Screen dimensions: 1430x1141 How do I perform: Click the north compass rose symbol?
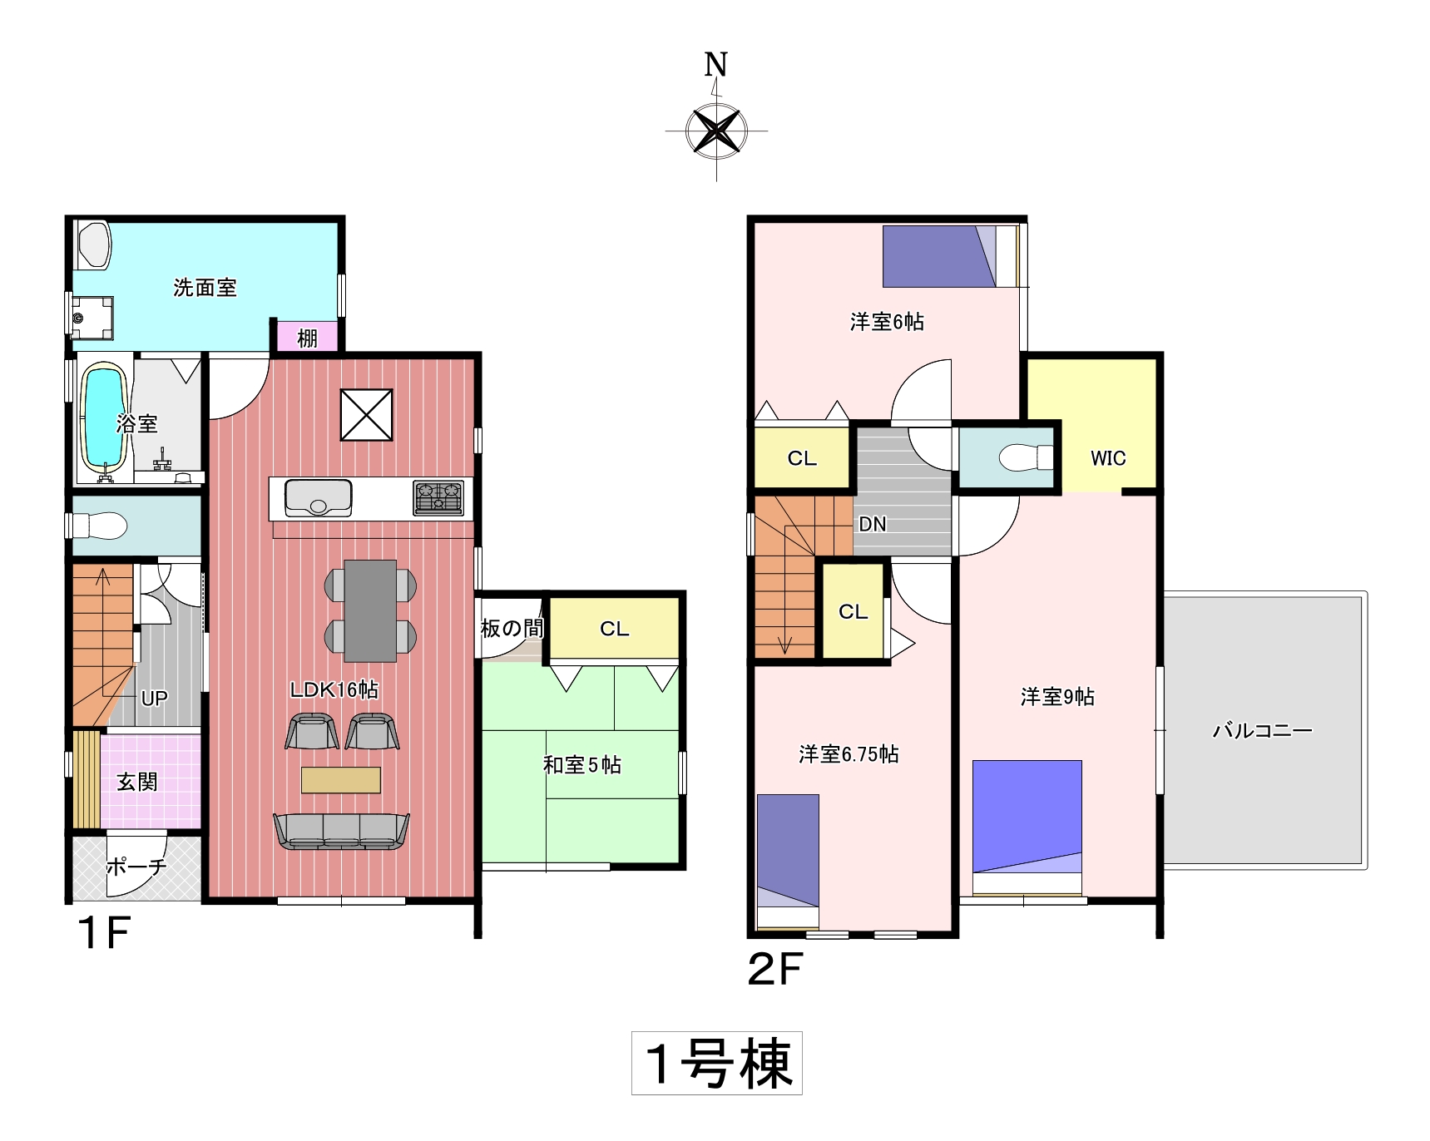pyautogui.click(x=716, y=131)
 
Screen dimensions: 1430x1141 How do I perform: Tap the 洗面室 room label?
pyautogui.click(x=205, y=288)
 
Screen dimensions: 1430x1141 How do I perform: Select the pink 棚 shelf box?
pyautogui.click(x=307, y=337)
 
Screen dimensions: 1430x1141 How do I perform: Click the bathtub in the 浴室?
pyautogui.click(x=105, y=418)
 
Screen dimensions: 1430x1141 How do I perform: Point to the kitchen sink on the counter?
pyautogui.click(x=318, y=498)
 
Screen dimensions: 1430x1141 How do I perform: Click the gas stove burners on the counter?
pyautogui.click(x=438, y=498)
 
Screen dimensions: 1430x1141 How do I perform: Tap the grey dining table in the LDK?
pyautogui.click(x=370, y=610)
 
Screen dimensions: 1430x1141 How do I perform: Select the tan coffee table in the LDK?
pyautogui.click(x=341, y=780)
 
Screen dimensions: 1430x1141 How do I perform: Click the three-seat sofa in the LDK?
pyautogui.click(x=341, y=832)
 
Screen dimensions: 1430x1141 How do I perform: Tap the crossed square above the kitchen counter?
pyautogui.click(x=366, y=414)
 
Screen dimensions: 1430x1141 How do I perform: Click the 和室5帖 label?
pyautogui.click(x=582, y=765)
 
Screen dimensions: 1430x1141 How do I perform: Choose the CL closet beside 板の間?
pyautogui.click(x=614, y=628)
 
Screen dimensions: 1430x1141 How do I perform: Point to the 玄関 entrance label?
pyautogui.click(x=137, y=782)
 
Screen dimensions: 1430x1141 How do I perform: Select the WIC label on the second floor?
pyautogui.click(x=1108, y=458)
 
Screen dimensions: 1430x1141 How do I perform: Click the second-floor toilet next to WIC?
pyautogui.click(x=1025, y=457)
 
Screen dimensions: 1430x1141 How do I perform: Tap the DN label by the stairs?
pyautogui.click(x=873, y=524)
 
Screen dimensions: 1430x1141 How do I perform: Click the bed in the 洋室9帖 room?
pyautogui.click(x=1027, y=827)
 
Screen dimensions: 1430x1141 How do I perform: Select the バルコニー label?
pyautogui.click(x=1262, y=731)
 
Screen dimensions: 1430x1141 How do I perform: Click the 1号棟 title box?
pyautogui.click(x=717, y=1063)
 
